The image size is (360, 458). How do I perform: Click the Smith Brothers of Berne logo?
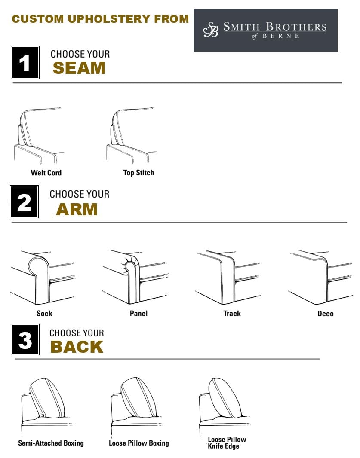(x=265, y=30)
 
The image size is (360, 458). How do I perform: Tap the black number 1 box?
(x=25, y=63)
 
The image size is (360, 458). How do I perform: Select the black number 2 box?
(x=25, y=202)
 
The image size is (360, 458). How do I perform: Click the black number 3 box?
(x=25, y=340)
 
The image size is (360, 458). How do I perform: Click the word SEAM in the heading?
(x=79, y=68)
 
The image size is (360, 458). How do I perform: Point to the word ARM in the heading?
(x=77, y=209)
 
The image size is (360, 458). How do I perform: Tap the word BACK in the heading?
(x=77, y=347)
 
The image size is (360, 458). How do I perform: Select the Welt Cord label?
(x=46, y=173)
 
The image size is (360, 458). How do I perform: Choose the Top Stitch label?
(x=138, y=173)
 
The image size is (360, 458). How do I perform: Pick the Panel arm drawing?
(x=135, y=277)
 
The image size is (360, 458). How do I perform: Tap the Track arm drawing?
(x=228, y=277)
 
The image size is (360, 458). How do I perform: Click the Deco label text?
(x=325, y=314)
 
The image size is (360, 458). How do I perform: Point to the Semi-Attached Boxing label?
(x=51, y=443)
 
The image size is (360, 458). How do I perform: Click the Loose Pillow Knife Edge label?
(x=227, y=443)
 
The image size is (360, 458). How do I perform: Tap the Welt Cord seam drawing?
(x=39, y=135)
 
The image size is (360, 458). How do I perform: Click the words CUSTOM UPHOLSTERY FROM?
(x=100, y=19)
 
